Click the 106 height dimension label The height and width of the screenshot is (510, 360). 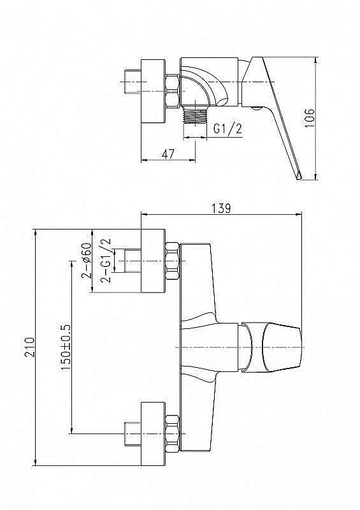(x=310, y=118)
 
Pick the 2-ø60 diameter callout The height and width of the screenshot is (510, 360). (x=86, y=261)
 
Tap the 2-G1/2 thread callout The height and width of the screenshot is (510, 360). (x=106, y=260)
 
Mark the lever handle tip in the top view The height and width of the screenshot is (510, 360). (x=299, y=174)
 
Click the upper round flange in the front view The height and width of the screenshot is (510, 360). (x=153, y=261)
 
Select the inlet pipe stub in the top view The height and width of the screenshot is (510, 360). (x=131, y=84)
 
